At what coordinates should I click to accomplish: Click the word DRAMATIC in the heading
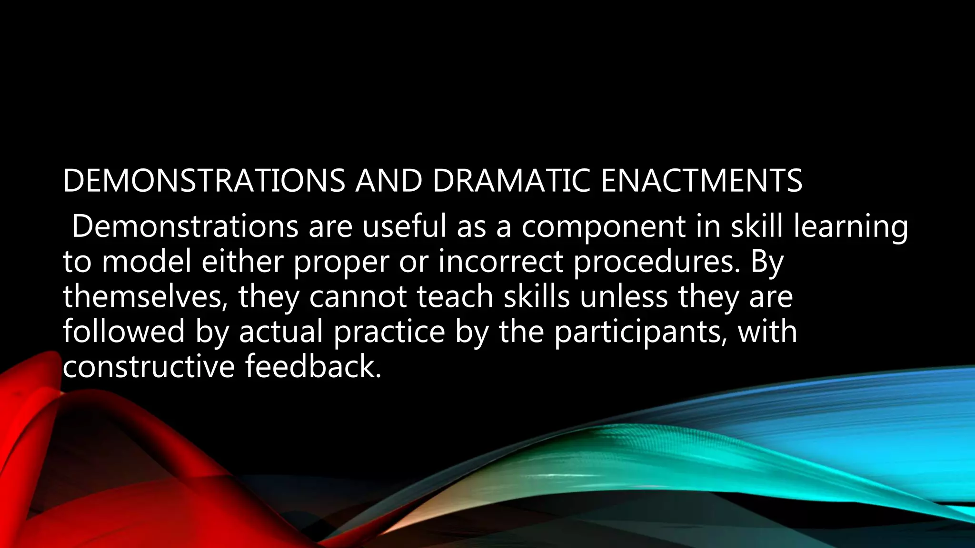(x=511, y=181)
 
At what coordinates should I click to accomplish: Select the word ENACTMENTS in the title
(x=702, y=181)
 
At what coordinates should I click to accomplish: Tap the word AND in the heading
(x=388, y=181)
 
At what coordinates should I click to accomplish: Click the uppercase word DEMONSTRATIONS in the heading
(x=204, y=181)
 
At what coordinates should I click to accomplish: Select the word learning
(x=850, y=227)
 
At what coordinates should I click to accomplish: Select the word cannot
(x=358, y=297)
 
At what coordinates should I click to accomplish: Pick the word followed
(x=124, y=332)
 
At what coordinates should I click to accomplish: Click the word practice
(x=389, y=333)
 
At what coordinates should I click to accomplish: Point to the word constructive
(x=149, y=367)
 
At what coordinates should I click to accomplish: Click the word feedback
(x=313, y=367)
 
